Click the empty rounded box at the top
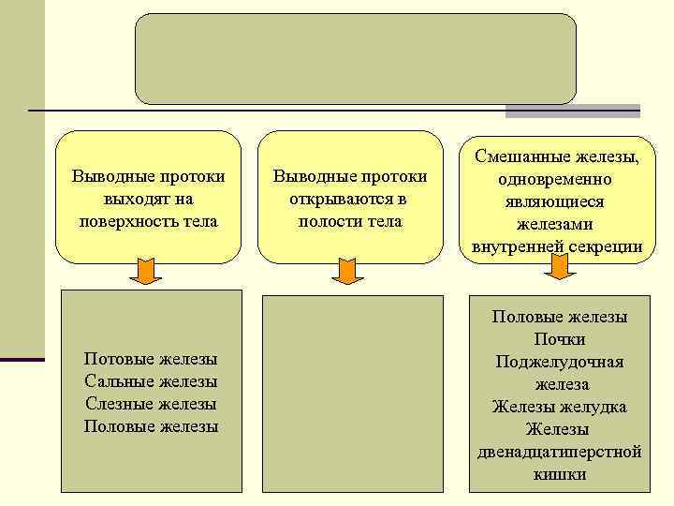click(355, 58)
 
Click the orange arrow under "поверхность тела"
click(145, 271)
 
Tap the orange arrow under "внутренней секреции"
click(559, 267)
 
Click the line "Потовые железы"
click(151, 359)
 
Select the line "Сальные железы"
click(151, 381)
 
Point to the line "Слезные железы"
click(151, 404)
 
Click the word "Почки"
click(560, 339)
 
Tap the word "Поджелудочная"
click(560, 362)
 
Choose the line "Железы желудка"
click(560, 407)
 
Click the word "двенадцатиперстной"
click(560, 452)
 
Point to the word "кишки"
click(560, 474)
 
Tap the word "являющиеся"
click(560, 201)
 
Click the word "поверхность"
click(118, 222)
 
